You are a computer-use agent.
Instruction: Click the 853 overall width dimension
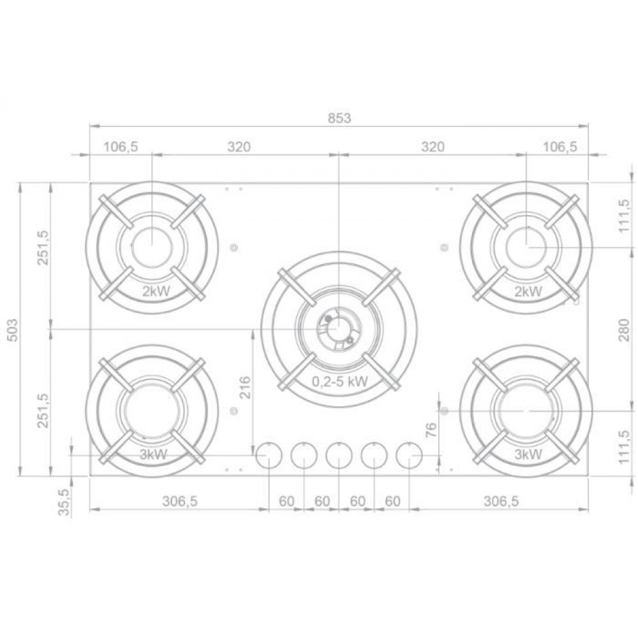[339, 118]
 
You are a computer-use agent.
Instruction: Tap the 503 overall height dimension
[13, 330]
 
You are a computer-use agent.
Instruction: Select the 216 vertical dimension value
[245, 388]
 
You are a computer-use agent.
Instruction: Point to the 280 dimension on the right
[624, 330]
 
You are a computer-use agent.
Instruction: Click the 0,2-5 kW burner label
[340, 382]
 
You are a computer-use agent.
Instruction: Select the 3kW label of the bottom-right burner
[528, 454]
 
